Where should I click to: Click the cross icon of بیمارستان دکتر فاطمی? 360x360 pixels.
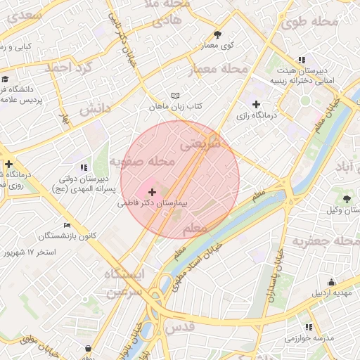tap(153, 191)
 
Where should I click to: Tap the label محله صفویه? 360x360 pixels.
tap(141, 162)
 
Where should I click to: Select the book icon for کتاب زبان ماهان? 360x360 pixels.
tap(175, 95)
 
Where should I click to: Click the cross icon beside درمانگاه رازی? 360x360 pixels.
tap(256, 104)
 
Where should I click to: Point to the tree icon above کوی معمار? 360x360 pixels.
tap(218, 34)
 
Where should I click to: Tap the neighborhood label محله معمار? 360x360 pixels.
tap(219, 70)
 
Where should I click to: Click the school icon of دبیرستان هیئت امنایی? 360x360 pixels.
tap(302, 60)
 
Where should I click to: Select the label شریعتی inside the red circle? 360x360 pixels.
tap(201, 143)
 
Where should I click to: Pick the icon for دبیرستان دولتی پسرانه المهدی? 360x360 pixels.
tap(84, 167)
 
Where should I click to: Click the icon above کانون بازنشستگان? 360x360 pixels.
tap(67, 225)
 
